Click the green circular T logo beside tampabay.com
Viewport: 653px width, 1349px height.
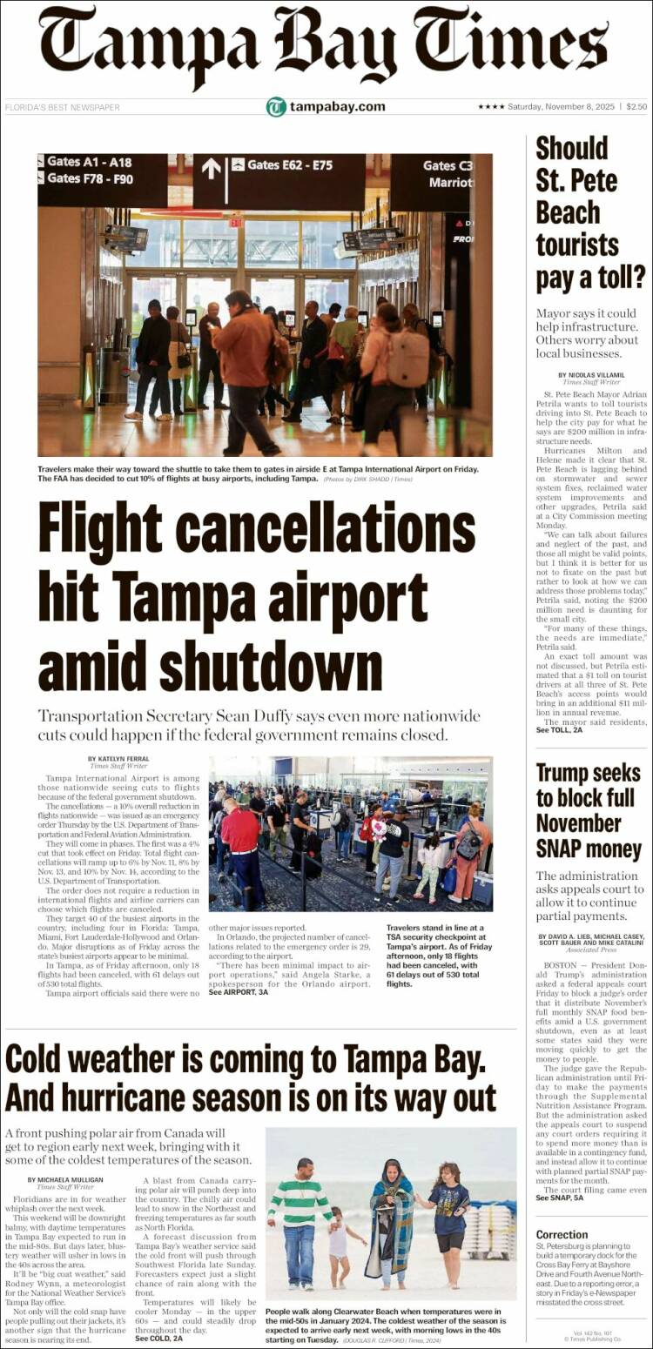pos(276,107)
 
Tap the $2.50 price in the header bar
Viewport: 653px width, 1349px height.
pos(636,107)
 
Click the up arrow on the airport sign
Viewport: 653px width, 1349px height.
pos(212,168)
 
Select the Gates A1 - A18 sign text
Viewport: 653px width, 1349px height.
pos(89,162)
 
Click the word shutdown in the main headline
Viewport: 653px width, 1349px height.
pos(210,669)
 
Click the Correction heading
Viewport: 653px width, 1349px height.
pos(562,1234)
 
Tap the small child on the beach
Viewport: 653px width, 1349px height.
pos(339,1249)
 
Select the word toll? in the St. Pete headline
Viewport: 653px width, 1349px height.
pos(616,277)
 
